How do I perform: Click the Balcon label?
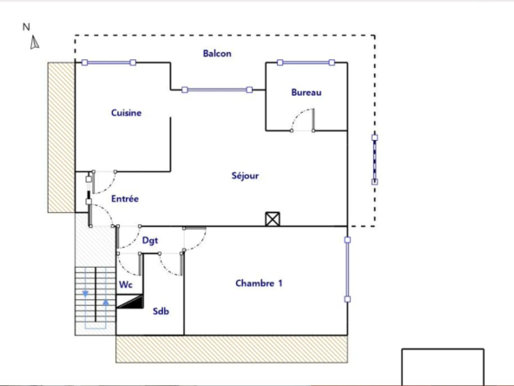pos(217,53)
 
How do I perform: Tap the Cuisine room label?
pos(126,113)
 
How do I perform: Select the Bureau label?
pos(306,92)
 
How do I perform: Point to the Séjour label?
pos(245,176)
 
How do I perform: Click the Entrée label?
pos(125,199)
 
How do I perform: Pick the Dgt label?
pos(150,241)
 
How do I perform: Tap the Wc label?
pos(126,283)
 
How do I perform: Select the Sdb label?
pos(161,311)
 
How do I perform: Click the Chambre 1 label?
pos(259,283)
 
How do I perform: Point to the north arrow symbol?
pos(35,43)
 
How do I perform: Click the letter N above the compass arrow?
pos(27,27)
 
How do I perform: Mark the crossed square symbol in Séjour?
pos(273,219)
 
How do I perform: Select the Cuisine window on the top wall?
pos(109,63)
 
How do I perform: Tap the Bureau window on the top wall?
pos(306,63)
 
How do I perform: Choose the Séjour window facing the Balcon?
pos(217,90)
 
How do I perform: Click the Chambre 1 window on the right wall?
pos(347,269)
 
